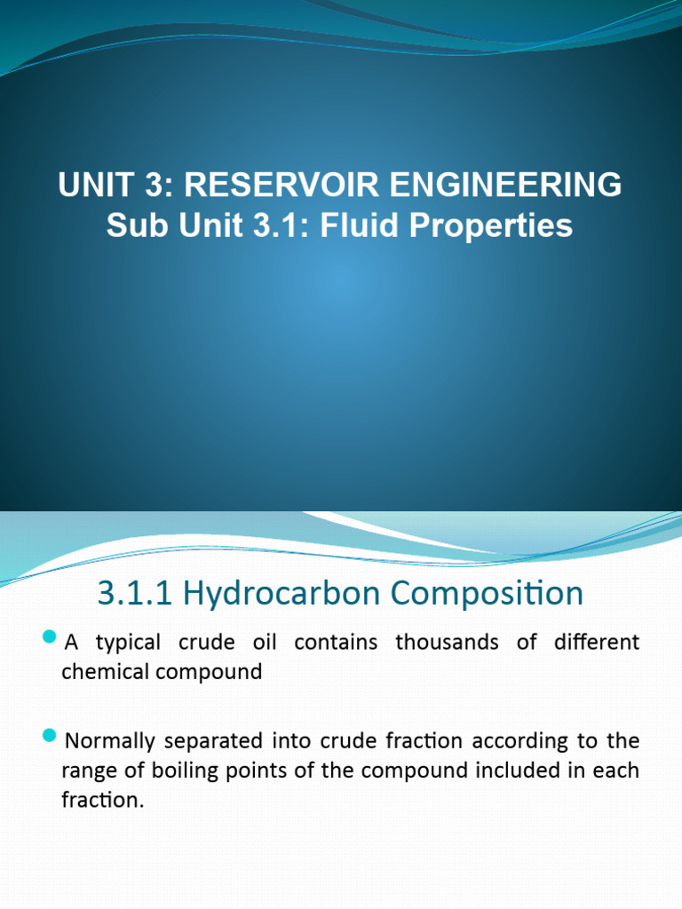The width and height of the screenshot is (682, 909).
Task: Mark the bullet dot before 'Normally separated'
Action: coord(49,737)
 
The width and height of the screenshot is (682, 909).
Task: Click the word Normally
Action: coord(107,739)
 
